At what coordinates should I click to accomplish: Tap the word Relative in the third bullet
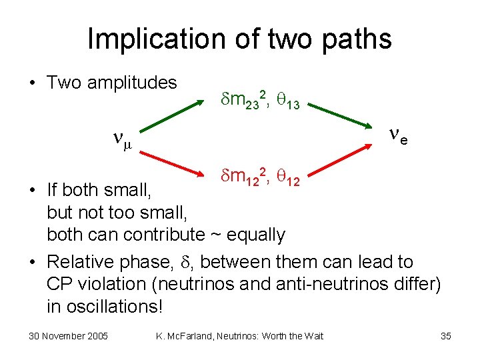85,262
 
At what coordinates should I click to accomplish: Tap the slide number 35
446,336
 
